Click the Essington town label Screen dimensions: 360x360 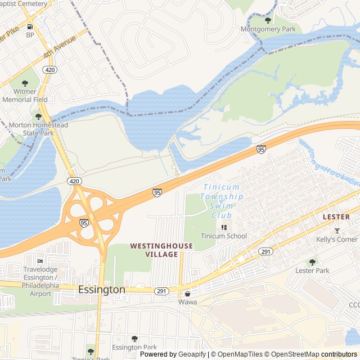(101, 290)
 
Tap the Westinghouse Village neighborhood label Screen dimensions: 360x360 (161, 250)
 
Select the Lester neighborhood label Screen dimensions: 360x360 (336, 217)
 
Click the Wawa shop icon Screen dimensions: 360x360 (187, 294)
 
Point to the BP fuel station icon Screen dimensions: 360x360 (30, 26)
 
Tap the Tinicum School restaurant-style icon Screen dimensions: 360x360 (224, 227)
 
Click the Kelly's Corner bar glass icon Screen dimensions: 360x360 (337, 231)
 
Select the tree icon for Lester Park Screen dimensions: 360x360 (312, 262)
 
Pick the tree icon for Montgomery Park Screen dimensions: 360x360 (268, 20)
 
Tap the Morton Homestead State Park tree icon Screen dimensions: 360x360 (38, 116)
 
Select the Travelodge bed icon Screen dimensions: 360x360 (40, 261)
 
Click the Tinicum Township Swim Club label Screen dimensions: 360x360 (222, 196)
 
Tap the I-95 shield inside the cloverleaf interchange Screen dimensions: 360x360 (84, 223)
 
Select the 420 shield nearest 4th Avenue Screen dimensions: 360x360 (50, 70)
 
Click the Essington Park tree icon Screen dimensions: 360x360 (134, 339)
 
